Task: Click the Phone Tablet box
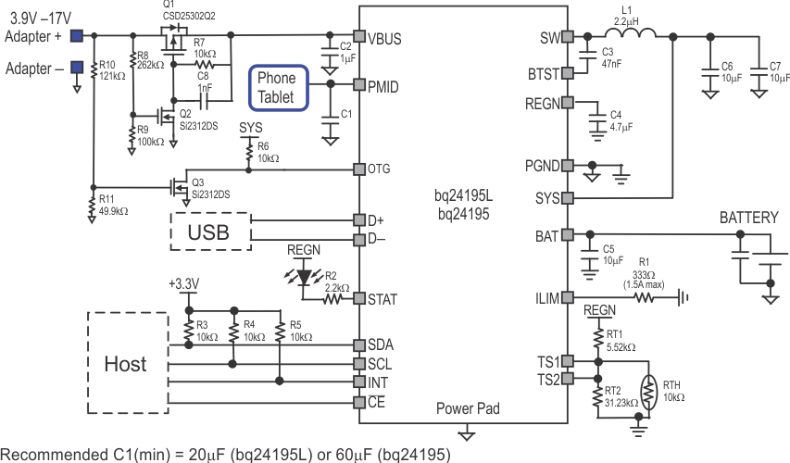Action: pyautogui.click(x=276, y=86)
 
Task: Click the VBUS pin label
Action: pyautogui.click(x=384, y=39)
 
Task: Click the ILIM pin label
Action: pyautogui.click(x=546, y=298)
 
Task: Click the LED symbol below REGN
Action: pyautogui.click(x=303, y=275)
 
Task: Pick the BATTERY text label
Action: pyautogui.click(x=749, y=219)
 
